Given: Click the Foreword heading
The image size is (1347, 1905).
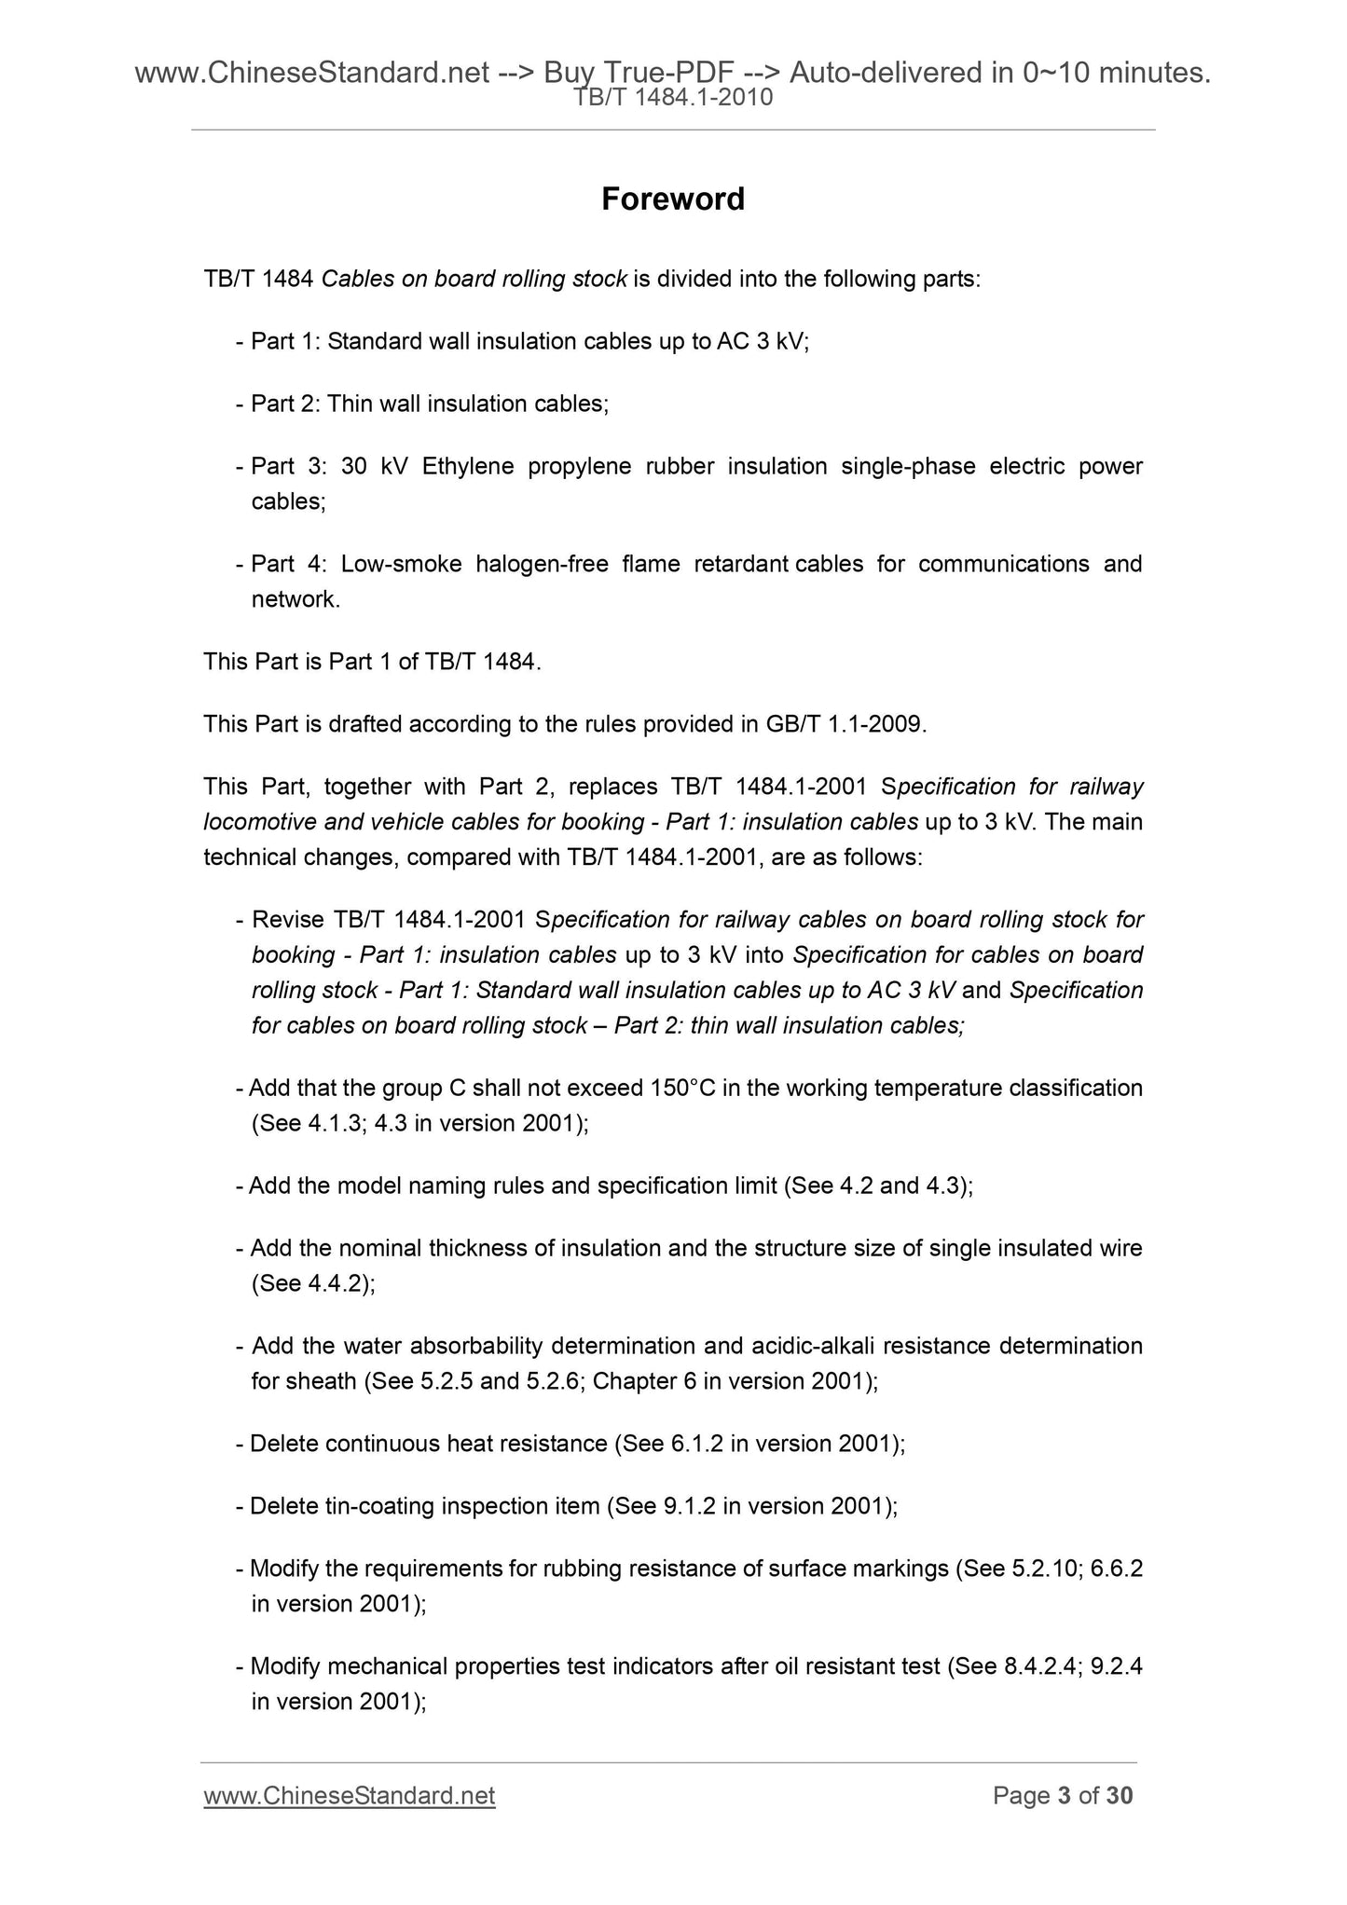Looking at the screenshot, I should coord(672,199).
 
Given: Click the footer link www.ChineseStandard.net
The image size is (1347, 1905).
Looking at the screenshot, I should coord(349,1795).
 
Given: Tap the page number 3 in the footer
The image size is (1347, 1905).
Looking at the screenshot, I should coord(1064,1795).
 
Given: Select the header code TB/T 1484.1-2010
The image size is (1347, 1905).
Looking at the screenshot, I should coord(673,97).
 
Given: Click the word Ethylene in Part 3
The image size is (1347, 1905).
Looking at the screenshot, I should coord(467,466).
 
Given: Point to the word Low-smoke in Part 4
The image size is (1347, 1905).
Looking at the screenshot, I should coord(401,564).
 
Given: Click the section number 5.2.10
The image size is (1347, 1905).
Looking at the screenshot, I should coord(1045,1569).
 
